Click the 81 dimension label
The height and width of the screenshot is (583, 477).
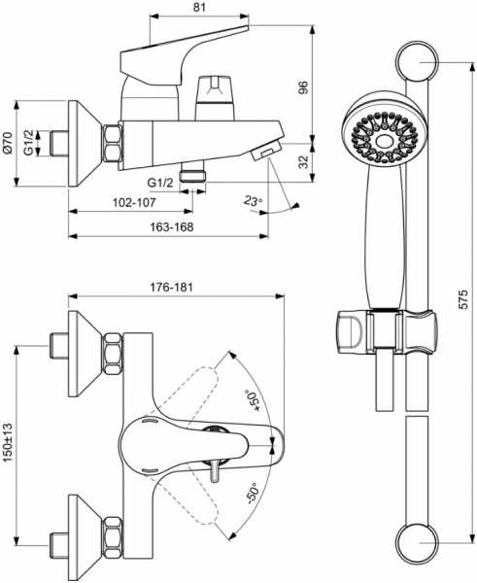[199, 7]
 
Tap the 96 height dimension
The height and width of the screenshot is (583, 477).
[304, 87]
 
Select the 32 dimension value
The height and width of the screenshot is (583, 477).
[304, 162]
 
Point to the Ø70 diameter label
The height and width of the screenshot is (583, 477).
[7, 143]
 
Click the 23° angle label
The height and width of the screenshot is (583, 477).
[254, 201]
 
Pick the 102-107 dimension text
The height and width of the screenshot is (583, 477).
[134, 203]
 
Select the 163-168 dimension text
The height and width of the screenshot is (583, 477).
[172, 226]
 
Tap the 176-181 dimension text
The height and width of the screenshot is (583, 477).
[171, 287]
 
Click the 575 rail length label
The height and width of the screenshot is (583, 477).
[462, 299]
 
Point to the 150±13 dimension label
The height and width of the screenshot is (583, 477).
[7, 442]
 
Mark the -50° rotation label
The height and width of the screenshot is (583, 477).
[254, 494]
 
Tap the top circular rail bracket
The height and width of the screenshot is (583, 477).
[417, 61]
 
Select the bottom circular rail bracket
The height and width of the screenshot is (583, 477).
[417, 542]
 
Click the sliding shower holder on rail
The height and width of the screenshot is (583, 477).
[386, 331]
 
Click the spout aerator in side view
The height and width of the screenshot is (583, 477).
[266, 153]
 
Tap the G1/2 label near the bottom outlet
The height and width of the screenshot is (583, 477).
[160, 183]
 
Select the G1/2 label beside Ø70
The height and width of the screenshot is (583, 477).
[29, 142]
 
